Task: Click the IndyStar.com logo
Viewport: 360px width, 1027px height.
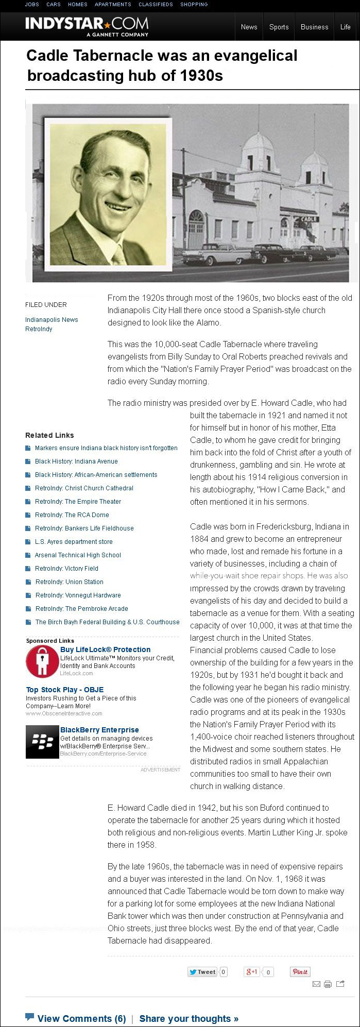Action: pyautogui.click(x=87, y=26)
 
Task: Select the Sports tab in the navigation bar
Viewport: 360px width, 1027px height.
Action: pyautogui.click(x=279, y=27)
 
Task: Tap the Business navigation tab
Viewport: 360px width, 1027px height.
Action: pyautogui.click(x=314, y=27)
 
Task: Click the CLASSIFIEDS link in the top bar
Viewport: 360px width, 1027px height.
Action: pyautogui.click(x=156, y=5)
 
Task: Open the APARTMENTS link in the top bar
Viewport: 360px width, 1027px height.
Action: pyautogui.click(x=113, y=5)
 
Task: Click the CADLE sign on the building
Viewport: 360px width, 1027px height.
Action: pyautogui.click(x=309, y=219)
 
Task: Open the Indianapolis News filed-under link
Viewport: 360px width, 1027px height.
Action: pyautogui.click(x=52, y=320)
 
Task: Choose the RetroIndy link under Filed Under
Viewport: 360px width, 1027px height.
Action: pyautogui.click(x=39, y=329)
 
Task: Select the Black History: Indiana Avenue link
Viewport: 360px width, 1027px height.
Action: pyautogui.click(x=76, y=461)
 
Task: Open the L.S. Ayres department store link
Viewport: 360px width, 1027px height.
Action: pyautogui.click(x=74, y=542)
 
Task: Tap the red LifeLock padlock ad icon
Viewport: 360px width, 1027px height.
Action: pyautogui.click(x=42, y=661)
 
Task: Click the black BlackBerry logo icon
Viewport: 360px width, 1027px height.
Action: pyautogui.click(x=42, y=742)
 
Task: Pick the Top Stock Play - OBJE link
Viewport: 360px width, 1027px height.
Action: pyautogui.click(x=65, y=690)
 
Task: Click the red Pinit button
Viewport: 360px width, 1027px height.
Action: pyautogui.click(x=300, y=972)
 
